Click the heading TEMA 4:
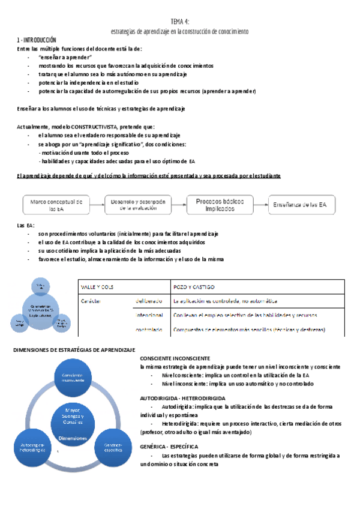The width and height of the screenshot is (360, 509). click(x=180, y=22)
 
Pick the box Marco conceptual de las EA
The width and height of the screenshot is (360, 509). click(x=60, y=205)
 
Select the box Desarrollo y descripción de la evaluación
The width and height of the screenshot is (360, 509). click(x=142, y=205)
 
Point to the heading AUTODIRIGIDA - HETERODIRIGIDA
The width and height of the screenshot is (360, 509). click(x=182, y=397)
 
